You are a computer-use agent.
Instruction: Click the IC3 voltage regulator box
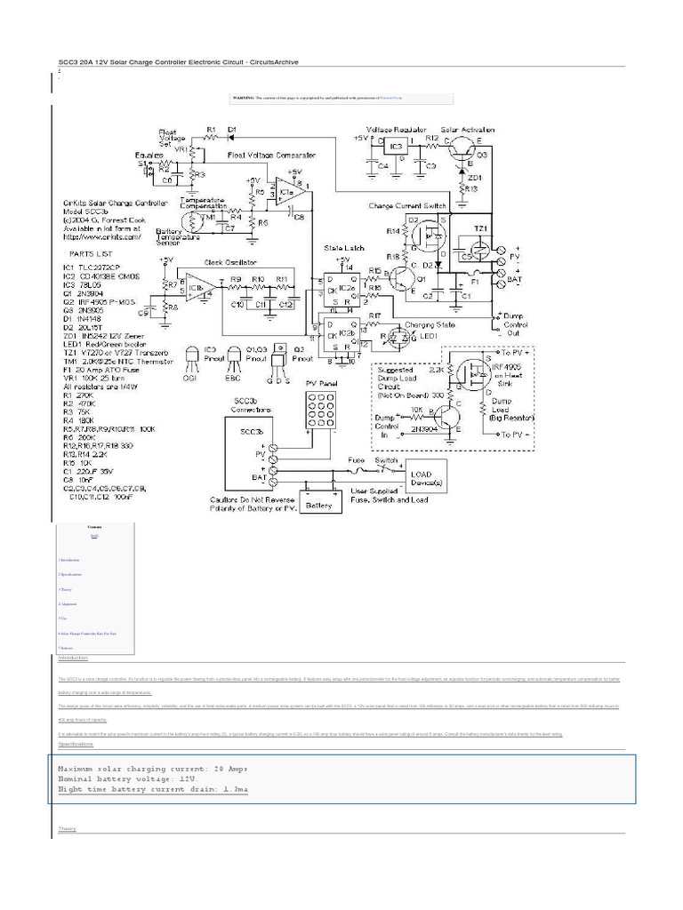tap(398, 145)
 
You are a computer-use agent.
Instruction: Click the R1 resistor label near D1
tap(211, 130)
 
